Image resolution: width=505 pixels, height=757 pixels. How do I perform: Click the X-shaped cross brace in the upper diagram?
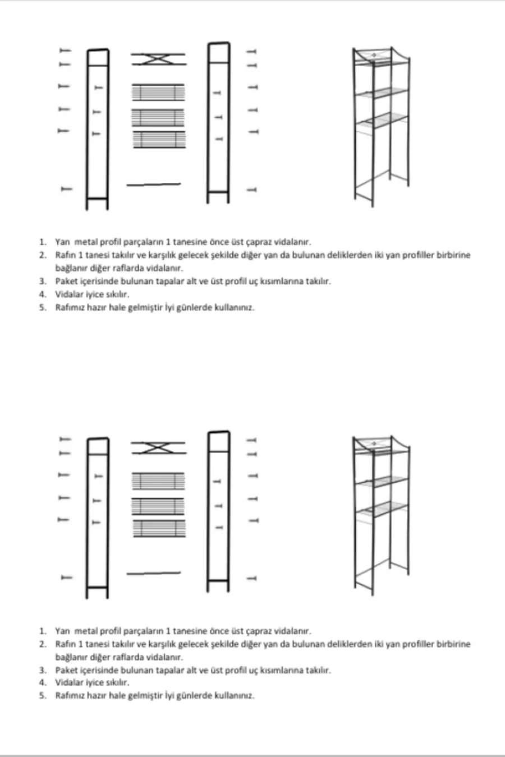point(158,58)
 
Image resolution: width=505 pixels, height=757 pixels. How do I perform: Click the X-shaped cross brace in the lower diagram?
point(158,447)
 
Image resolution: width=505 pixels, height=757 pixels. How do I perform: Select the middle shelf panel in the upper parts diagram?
point(158,117)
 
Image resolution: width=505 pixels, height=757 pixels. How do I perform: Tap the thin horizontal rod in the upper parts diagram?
point(154,184)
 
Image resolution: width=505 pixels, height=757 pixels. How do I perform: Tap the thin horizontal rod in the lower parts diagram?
point(154,573)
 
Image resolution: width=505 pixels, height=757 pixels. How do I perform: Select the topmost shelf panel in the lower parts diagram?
point(158,481)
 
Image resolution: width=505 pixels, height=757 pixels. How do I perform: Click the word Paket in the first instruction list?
point(65,281)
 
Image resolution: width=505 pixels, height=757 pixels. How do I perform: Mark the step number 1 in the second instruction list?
point(43,631)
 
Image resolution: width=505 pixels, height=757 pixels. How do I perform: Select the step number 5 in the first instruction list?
point(43,307)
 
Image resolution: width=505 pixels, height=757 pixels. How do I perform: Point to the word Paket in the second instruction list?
point(65,670)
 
